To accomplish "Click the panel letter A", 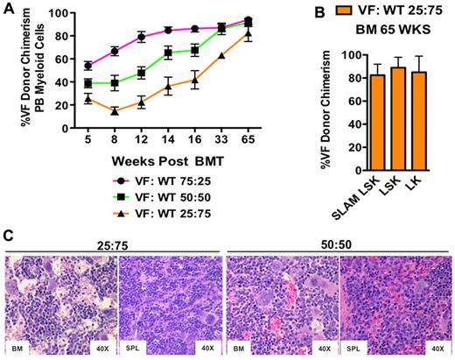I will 10,8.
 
